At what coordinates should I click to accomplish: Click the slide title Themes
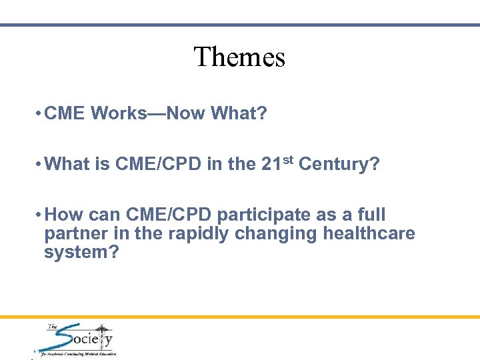[239, 57]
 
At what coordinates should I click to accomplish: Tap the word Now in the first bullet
[187, 113]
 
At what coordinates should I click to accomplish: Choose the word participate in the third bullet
[264, 215]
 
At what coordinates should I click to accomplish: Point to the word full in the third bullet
[371, 215]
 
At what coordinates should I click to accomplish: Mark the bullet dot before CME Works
[39, 113]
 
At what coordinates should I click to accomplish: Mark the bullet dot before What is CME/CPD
[39, 165]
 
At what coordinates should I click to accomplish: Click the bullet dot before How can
[39, 215]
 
